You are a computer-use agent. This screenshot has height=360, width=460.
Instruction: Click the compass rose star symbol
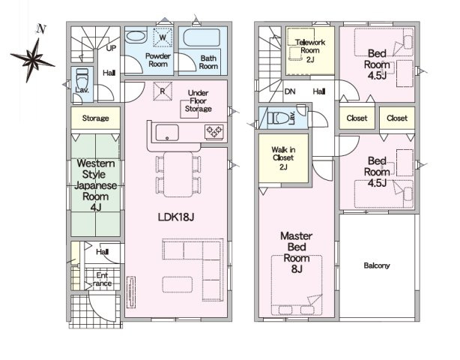[x=32, y=60]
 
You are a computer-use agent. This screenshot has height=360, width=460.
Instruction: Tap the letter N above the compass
[x=41, y=28]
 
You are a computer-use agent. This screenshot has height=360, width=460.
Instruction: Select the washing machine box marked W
[x=163, y=37]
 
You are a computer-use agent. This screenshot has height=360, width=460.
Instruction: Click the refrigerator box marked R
[x=163, y=91]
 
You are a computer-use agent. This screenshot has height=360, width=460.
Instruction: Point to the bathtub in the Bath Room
[x=202, y=38]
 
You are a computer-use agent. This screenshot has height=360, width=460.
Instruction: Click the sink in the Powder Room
[x=136, y=37]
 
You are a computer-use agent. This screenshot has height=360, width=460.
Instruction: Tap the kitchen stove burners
[x=214, y=131]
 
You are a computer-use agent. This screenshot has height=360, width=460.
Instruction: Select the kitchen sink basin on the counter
[x=167, y=133]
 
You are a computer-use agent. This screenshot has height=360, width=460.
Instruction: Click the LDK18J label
[x=176, y=217]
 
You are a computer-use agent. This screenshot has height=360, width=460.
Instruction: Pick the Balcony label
[x=377, y=265]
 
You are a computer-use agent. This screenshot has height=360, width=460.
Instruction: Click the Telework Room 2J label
[x=310, y=50]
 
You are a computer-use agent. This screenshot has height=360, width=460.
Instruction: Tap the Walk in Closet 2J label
[x=283, y=158]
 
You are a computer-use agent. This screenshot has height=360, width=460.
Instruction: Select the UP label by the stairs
[x=111, y=48]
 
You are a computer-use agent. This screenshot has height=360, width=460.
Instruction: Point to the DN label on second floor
[x=290, y=91]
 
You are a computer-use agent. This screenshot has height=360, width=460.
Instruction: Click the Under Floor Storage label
[x=199, y=100]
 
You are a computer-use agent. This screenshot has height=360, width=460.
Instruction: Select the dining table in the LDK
[x=178, y=175]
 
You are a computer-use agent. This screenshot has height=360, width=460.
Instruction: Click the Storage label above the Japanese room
[x=95, y=118]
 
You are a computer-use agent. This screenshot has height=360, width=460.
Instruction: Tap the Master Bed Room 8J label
[x=296, y=252]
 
